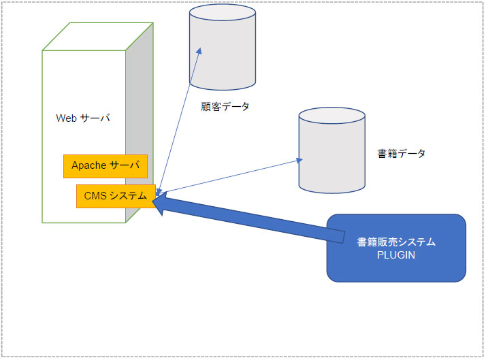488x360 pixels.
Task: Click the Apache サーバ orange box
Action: [105, 166]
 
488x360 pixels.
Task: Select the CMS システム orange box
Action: [116, 196]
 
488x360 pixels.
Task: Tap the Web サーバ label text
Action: [83, 118]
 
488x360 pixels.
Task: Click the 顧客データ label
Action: [225, 107]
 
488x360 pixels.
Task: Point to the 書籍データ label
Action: [401, 153]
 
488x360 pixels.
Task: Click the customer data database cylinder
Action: [223, 47]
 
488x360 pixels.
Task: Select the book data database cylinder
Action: [331, 150]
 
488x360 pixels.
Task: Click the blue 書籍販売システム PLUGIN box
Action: [396, 248]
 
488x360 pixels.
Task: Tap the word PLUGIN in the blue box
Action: [396, 255]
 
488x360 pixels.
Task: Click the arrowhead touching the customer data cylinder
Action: [199, 51]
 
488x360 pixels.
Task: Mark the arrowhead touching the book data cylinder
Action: [299, 160]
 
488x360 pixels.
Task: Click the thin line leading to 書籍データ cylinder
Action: [229, 176]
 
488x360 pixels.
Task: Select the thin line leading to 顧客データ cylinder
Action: [179, 121]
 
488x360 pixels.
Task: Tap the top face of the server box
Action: [98, 36]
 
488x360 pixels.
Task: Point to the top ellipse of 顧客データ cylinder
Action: [223, 12]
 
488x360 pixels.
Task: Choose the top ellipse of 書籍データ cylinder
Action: [331, 116]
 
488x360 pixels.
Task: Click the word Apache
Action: [89, 165]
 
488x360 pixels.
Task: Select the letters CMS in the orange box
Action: [95, 196]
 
